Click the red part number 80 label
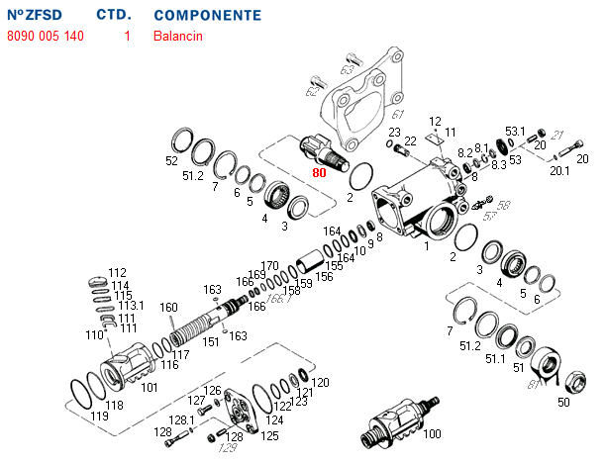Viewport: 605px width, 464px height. pos(319,172)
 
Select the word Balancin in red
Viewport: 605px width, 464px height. pos(178,37)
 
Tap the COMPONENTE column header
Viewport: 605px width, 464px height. pos(208,16)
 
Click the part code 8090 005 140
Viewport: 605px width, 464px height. pos(46,37)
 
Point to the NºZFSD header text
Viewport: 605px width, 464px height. pos(39,16)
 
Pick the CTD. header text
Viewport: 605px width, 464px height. pos(114,16)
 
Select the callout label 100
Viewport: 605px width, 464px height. pos(432,434)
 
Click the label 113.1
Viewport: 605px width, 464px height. pos(131,306)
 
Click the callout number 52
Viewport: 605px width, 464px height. pos(171,160)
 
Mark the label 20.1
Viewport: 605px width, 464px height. pos(559,170)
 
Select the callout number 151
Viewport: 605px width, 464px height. pos(210,342)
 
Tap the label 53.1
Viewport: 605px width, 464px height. pos(516,131)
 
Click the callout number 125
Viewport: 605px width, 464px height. pos(269,434)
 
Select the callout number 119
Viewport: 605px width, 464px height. pos(99,417)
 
